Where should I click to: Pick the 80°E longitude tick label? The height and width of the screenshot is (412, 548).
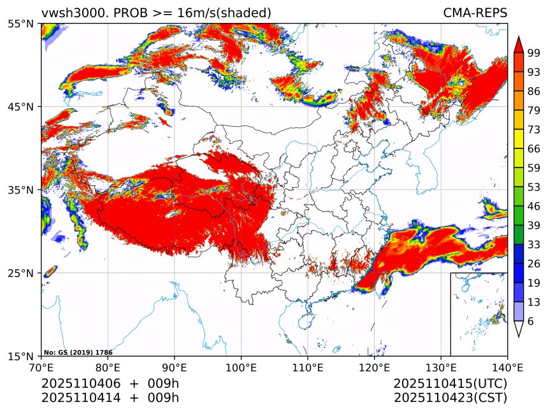[x=108, y=367]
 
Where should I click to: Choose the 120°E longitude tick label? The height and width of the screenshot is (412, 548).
[x=374, y=367]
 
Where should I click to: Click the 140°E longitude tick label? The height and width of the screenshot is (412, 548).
[x=507, y=367]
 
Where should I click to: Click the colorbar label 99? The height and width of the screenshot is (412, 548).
[x=534, y=53]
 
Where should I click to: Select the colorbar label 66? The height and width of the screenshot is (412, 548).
[x=534, y=148]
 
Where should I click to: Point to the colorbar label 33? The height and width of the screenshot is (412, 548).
[x=534, y=245]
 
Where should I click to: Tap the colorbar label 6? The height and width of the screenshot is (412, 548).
[x=530, y=322]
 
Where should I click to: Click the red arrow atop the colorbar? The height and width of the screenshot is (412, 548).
[x=519, y=44]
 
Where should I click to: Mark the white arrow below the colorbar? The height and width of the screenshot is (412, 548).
[x=519, y=329]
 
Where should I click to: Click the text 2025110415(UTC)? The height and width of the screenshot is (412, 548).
[x=450, y=384]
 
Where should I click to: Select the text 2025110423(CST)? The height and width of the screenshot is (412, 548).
[x=450, y=398]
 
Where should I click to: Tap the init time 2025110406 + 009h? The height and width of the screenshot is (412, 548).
[x=110, y=384]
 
